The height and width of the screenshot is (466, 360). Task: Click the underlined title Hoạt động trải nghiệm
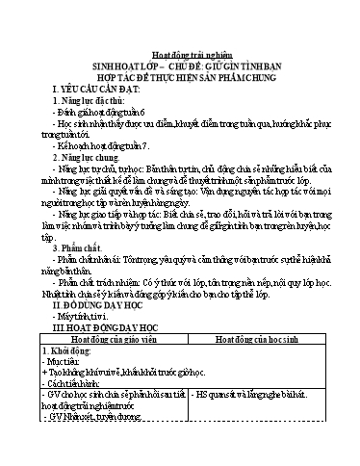[180, 56]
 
